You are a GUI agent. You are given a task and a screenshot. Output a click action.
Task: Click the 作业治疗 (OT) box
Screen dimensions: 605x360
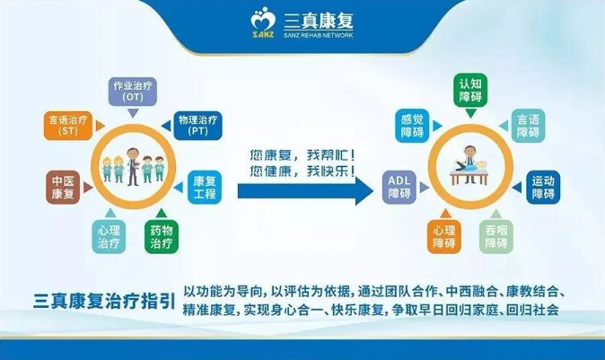[x=132, y=92]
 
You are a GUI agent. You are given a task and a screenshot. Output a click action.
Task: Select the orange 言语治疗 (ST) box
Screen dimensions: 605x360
[x=68, y=126]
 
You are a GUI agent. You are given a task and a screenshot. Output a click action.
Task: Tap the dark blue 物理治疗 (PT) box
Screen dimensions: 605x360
[x=198, y=126]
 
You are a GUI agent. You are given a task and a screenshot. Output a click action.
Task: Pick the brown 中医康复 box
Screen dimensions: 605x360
[x=63, y=187]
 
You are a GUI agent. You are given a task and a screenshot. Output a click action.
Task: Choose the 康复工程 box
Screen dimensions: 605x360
[x=205, y=187]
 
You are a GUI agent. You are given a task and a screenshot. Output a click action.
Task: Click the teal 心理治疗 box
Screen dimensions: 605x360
[x=109, y=236]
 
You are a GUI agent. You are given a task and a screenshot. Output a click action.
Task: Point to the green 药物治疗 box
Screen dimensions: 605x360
[x=162, y=236]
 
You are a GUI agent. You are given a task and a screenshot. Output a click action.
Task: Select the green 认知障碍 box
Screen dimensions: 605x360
[x=470, y=91]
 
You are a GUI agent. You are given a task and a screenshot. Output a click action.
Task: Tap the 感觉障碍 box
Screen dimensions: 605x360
[x=412, y=126]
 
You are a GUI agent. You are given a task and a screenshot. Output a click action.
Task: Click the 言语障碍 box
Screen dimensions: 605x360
[x=528, y=126]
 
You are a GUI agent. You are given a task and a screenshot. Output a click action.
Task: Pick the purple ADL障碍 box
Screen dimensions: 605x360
[x=399, y=187]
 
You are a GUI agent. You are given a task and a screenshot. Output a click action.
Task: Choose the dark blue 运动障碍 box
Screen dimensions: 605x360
[x=543, y=187]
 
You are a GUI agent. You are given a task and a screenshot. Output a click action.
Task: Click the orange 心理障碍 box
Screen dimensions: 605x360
[x=444, y=236]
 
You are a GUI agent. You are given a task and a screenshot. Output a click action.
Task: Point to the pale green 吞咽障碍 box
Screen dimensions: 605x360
[x=496, y=236]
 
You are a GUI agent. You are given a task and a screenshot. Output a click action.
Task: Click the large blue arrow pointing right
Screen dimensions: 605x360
[x=305, y=191]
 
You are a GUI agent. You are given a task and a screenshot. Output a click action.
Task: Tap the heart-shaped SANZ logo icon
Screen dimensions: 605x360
[x=263, y=22]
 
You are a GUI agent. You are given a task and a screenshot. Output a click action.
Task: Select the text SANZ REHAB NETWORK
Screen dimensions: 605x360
[x=319, y=35]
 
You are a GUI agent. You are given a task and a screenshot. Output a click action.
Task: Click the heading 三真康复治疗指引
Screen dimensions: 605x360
[x=104, y=301]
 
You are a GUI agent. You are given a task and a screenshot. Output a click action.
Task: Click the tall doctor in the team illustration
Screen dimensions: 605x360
[x=133, y=166]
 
